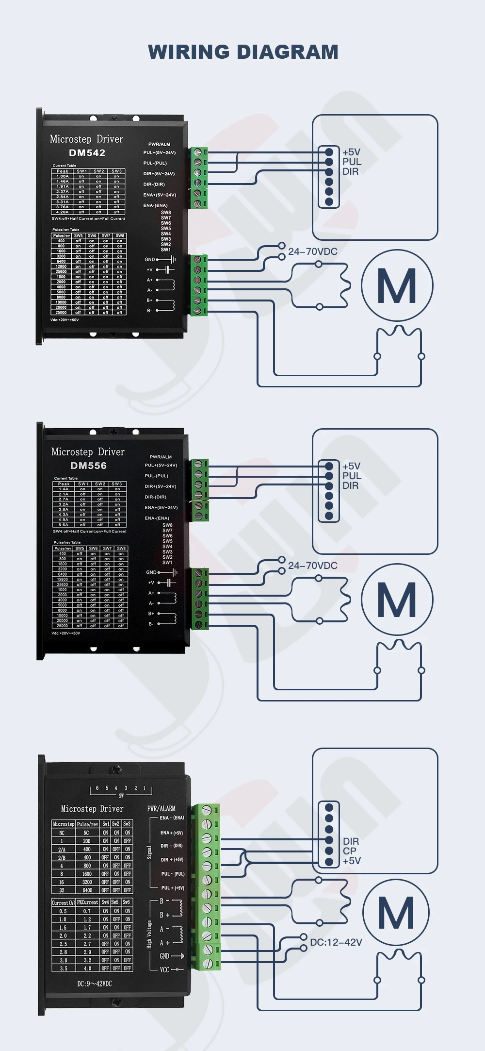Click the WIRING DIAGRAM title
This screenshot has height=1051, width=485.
coord(243,52)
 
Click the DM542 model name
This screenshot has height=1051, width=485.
coord(87,153)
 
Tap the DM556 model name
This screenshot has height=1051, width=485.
coord(88,466)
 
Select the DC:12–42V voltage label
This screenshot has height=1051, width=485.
coord(336,942)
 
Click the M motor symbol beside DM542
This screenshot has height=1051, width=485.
coord(397,285)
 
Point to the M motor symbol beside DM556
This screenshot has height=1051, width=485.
coord(397,600)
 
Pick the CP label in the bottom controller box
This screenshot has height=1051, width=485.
coord(350,851)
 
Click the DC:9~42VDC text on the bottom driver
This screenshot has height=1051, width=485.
coord(95,984)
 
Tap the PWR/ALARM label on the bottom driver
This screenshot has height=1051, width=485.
coord(162,808)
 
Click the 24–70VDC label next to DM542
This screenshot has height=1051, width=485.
coord(313,251)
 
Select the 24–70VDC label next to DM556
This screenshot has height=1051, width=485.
coord(313,566)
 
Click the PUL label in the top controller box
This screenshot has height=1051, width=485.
coord(352,162)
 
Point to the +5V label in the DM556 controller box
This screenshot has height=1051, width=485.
coord(351,466)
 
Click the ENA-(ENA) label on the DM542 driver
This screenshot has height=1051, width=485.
coord(156,205)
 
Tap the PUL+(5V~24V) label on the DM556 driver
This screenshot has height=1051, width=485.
coord(161,465)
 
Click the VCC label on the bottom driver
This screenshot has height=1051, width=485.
coord(165,969)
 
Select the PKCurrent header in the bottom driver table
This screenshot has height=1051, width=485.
coord(87,902)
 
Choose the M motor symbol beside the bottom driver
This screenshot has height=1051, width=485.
coord(396,913)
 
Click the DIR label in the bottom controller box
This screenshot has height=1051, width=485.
coord(351,841)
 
